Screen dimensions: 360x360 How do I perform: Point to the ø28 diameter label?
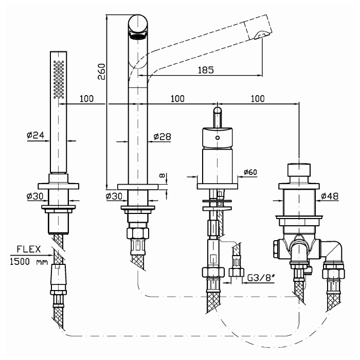tap(162, 136)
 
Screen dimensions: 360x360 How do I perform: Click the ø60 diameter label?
tap(250, 172)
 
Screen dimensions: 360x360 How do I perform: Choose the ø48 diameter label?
tap(331, 195)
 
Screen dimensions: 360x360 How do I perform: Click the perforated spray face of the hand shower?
tap(58, 77)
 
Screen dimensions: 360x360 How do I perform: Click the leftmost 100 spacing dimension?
tap(86, 98)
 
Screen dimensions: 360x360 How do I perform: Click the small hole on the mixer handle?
tap(218, 138)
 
